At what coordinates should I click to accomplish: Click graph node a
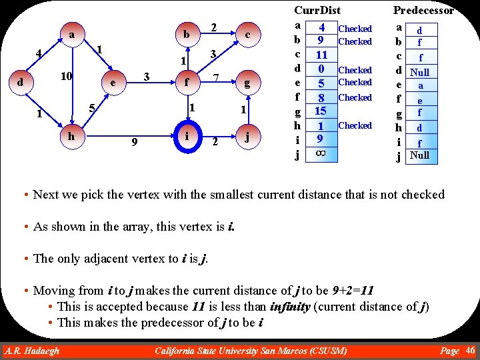pyautogui.click(x=71, y=33)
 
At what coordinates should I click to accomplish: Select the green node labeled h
pyautogui.click(x=71, y=136)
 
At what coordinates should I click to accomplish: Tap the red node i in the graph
pyautogui.click(x=188, y=137)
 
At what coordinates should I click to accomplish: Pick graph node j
pyautogui.click(x=247, y=137)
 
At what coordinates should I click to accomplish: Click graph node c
pyautogui.click(x=247, y=34)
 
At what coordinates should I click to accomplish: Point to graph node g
pyautogui.click(x=247, y=84)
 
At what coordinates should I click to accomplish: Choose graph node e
pyautogui.click(x=114, y=84)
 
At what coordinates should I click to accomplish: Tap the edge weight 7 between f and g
pyautogui.click(x=217, y=78)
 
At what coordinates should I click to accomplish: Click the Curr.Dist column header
pyautogui.click(x=317, y=10)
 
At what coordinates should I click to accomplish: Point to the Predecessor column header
pyautogui.click(x=423, y=10)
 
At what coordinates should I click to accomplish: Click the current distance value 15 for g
pyautogui.click(x=321, y=111)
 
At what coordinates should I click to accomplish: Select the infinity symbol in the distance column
pyautogui.click(x=321, y=154)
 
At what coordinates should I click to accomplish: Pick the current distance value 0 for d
pyautogui.click(x=321, y=69)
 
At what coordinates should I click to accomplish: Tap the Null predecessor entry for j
pyautogui.click(x=420, y=155)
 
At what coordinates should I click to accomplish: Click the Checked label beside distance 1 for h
pyautogui.click(x=355, y=125)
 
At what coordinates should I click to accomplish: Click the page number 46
pyautogui.click(x=470, y=350)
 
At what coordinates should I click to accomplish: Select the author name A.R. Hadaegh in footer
pyautogui.click(x=31, y=351)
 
